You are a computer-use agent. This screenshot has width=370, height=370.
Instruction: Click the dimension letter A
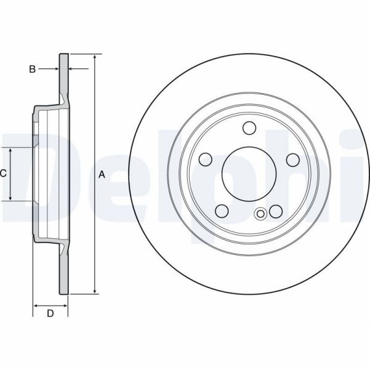point(102,175)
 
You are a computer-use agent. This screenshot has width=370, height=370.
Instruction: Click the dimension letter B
point(33,69)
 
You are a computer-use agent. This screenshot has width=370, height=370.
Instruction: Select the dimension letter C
point(3,174)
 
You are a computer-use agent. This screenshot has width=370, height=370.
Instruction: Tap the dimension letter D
point(50,314)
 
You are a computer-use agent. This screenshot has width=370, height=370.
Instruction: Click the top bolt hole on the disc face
point(249,128)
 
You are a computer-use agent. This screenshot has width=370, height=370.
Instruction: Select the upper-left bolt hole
point(206,159)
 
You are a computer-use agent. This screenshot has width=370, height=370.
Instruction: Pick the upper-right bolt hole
point(292,159)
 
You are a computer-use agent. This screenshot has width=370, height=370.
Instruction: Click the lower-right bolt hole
point(276,211)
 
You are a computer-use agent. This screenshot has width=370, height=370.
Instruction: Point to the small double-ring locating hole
point(260,214)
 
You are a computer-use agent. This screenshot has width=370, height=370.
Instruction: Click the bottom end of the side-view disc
point(64,292)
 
